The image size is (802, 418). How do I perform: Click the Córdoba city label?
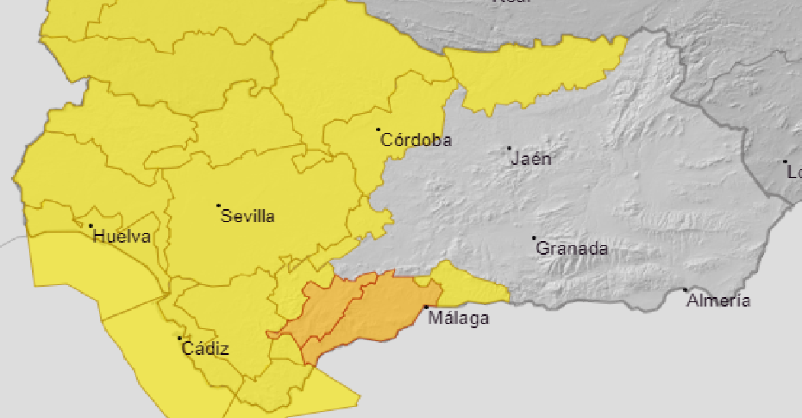(x=416, y=140)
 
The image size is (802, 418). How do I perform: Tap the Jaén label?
(x=531, y=159)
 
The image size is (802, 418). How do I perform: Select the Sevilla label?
(x=248, y=216)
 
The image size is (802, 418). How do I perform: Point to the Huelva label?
(x=122, y=237)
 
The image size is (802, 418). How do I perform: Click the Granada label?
(x=571, y=249)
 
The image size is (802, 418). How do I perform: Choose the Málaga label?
(x=458, y=318)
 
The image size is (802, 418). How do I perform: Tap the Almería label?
(x=718, y=301)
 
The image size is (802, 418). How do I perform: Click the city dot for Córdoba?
(x=378, y=130)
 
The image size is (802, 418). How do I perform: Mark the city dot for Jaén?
(x=509, y=148)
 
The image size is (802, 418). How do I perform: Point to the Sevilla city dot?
(x=218, y=206)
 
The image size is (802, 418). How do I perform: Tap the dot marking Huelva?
(x=91, y=226)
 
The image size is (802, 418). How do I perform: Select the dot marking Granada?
(x=534, y=238)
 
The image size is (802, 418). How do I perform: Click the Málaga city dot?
(x=426, y=308)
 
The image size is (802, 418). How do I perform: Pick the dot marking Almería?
(x=685, y=290)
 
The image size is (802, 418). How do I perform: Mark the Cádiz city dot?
(x=180, y=338)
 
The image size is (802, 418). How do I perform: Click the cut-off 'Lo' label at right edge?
(x=794, y=172)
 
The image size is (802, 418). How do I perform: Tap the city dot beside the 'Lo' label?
(x=785, y=161)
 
